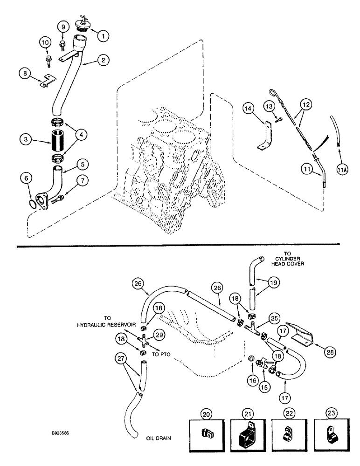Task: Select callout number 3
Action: pyautogui.click(x=26, y=139)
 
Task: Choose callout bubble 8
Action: pyautogui.click(x=25, y=73)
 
